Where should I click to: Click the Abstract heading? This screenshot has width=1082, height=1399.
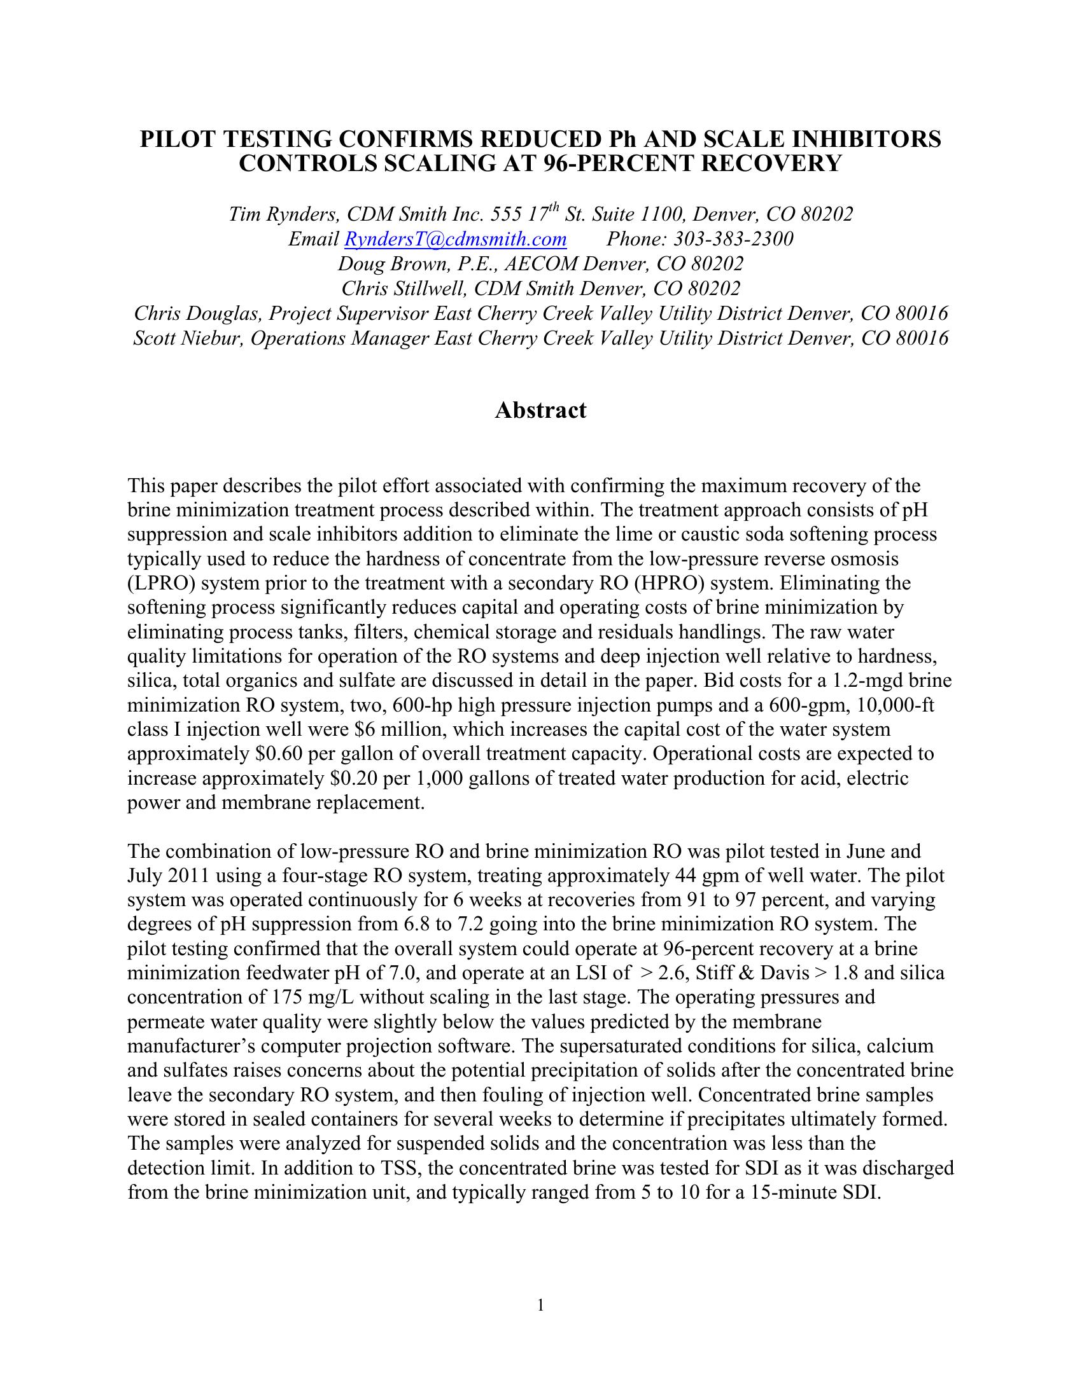(540, 410)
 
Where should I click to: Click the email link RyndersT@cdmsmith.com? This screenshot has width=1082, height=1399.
(455, 239)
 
